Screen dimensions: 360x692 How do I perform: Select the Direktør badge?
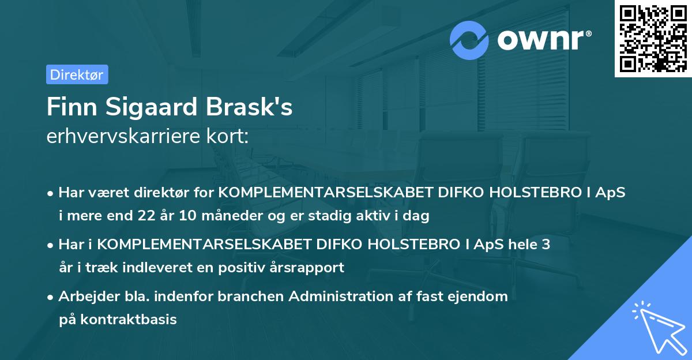tap(77, 74)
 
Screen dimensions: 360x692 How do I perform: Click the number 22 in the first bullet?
tap(143, 216)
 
